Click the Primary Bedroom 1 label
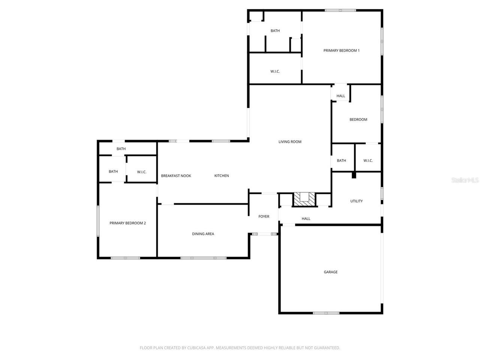pos(341,51)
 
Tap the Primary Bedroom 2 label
pos(127,223)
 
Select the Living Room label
pos(290,142)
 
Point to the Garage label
pos(330,272)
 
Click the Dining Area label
pos(203,234)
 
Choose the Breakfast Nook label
pos(176,176)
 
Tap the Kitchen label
pos(222,175)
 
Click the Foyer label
pos(264,216)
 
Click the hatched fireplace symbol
pos(304,199)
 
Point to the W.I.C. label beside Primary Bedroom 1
pos(275,72)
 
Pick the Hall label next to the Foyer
pos(306,219)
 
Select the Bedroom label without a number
pos(358,120)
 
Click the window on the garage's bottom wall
pos(326,313)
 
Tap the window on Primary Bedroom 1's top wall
pos(340,10)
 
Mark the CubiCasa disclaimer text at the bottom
pos(240,348)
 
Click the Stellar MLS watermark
pos(465,180)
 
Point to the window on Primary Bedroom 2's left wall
pos(98,221)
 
